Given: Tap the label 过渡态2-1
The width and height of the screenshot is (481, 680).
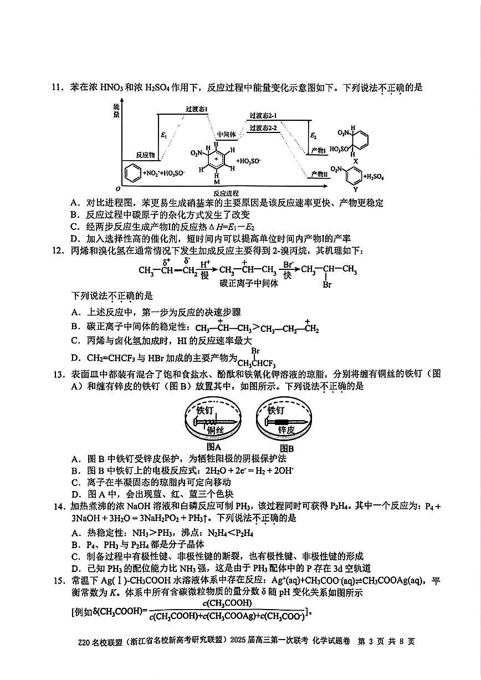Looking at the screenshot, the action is tap(263, 116).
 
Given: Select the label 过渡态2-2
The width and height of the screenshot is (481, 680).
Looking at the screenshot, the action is tap(263, 128).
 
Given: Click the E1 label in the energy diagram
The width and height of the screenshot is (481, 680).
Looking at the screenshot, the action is tap(163, 135).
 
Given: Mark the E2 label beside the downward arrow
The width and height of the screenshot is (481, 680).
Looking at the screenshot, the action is tap(314, 135).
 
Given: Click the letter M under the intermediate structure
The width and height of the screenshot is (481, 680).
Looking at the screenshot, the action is tap(216, 181).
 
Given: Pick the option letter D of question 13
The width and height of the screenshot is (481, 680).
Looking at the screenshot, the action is tap(75, 494).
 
